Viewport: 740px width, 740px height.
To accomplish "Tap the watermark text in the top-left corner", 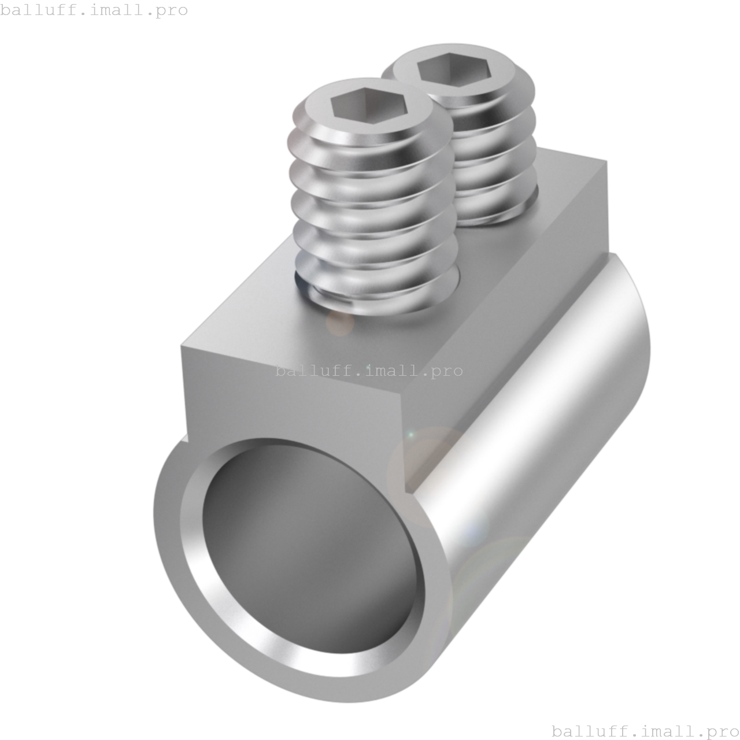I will [94, 10].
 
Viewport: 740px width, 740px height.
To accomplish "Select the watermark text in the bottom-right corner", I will [645, 731].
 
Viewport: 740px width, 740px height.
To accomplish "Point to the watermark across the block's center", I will [369, 371].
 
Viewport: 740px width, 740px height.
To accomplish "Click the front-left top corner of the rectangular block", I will [182, 347].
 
